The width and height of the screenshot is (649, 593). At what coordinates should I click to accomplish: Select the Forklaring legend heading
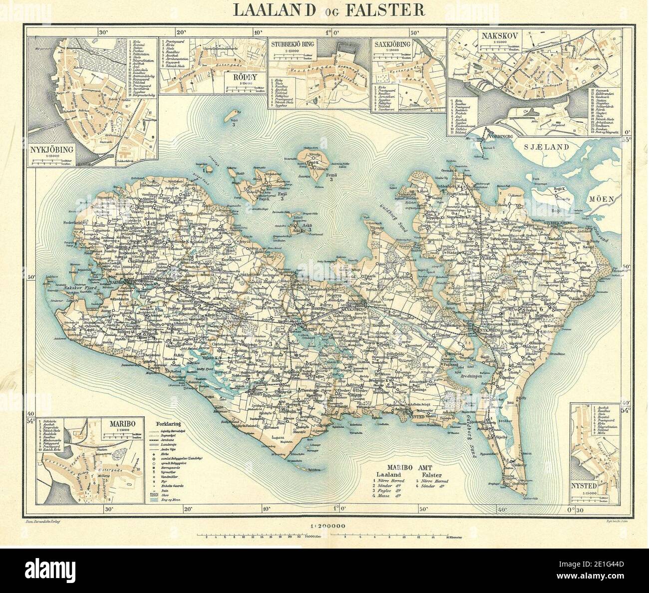click(x=167, y=419)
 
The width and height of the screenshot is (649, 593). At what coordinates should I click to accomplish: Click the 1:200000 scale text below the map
click(x=327, y=526)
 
